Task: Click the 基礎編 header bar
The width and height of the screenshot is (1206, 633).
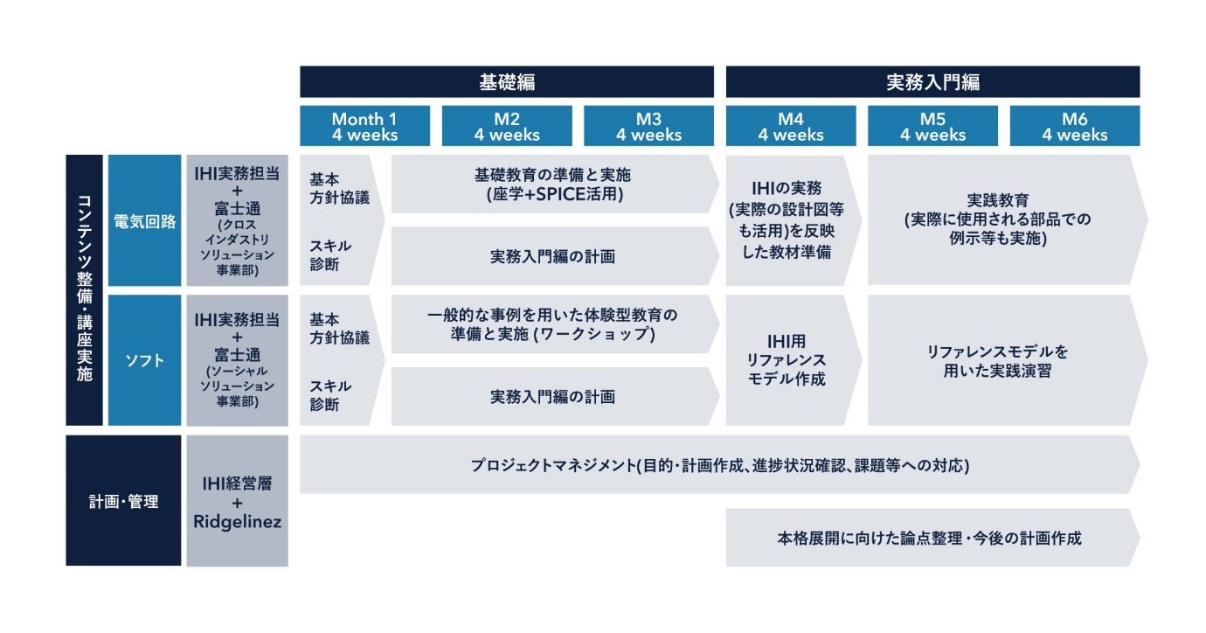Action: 507,82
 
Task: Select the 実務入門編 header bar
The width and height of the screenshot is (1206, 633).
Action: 932,82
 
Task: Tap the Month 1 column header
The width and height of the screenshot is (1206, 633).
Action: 365,126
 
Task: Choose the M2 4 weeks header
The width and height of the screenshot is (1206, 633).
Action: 507,126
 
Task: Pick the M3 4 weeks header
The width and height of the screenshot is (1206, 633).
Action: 648,126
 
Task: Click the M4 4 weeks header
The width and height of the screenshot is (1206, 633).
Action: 791,126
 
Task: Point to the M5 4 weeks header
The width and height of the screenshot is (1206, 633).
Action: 932,126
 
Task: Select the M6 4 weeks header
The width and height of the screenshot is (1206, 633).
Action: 1075,126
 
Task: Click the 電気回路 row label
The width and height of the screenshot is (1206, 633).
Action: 144,220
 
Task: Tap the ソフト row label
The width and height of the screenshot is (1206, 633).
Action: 144,360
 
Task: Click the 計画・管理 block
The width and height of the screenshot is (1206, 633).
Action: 123,500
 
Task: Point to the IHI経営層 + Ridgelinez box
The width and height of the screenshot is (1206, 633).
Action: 238,501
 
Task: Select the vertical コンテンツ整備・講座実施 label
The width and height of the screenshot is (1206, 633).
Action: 84,290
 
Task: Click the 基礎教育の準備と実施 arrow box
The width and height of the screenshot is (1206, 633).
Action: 555,184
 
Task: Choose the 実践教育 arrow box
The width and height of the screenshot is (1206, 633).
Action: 1008,219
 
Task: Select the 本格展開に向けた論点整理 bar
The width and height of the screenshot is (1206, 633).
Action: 932,537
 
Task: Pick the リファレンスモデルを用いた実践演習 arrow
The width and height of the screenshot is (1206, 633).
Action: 1008,360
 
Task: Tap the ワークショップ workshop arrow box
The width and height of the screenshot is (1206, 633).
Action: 555,324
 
